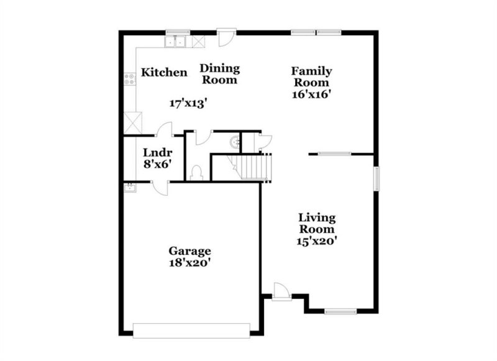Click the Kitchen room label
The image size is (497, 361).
click(164, 72)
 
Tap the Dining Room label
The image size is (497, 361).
click(220, 74)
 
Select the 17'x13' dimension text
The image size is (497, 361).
click(188, 103)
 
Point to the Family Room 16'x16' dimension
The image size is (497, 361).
click(311, 94)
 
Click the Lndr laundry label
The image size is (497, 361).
click(158, 152)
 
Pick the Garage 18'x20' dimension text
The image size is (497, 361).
click(189, 263)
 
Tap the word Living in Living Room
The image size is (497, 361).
click(317, 218)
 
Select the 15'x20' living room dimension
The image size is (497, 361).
click(316, 241)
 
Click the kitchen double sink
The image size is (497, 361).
click(175, 42)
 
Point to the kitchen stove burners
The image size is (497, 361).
click(129, 79)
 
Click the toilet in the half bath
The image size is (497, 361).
click(196, 173)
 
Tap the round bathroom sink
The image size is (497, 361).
click(235, 142)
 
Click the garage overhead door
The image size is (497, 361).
click(191, 331)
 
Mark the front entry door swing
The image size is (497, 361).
click(281, 290)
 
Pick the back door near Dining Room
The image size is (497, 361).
click(227, 37)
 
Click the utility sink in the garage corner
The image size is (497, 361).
click(130, 188)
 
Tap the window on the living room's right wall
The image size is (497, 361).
click(376, 179)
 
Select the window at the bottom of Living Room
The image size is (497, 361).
click(340, 311)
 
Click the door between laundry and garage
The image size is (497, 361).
click(160, 188)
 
